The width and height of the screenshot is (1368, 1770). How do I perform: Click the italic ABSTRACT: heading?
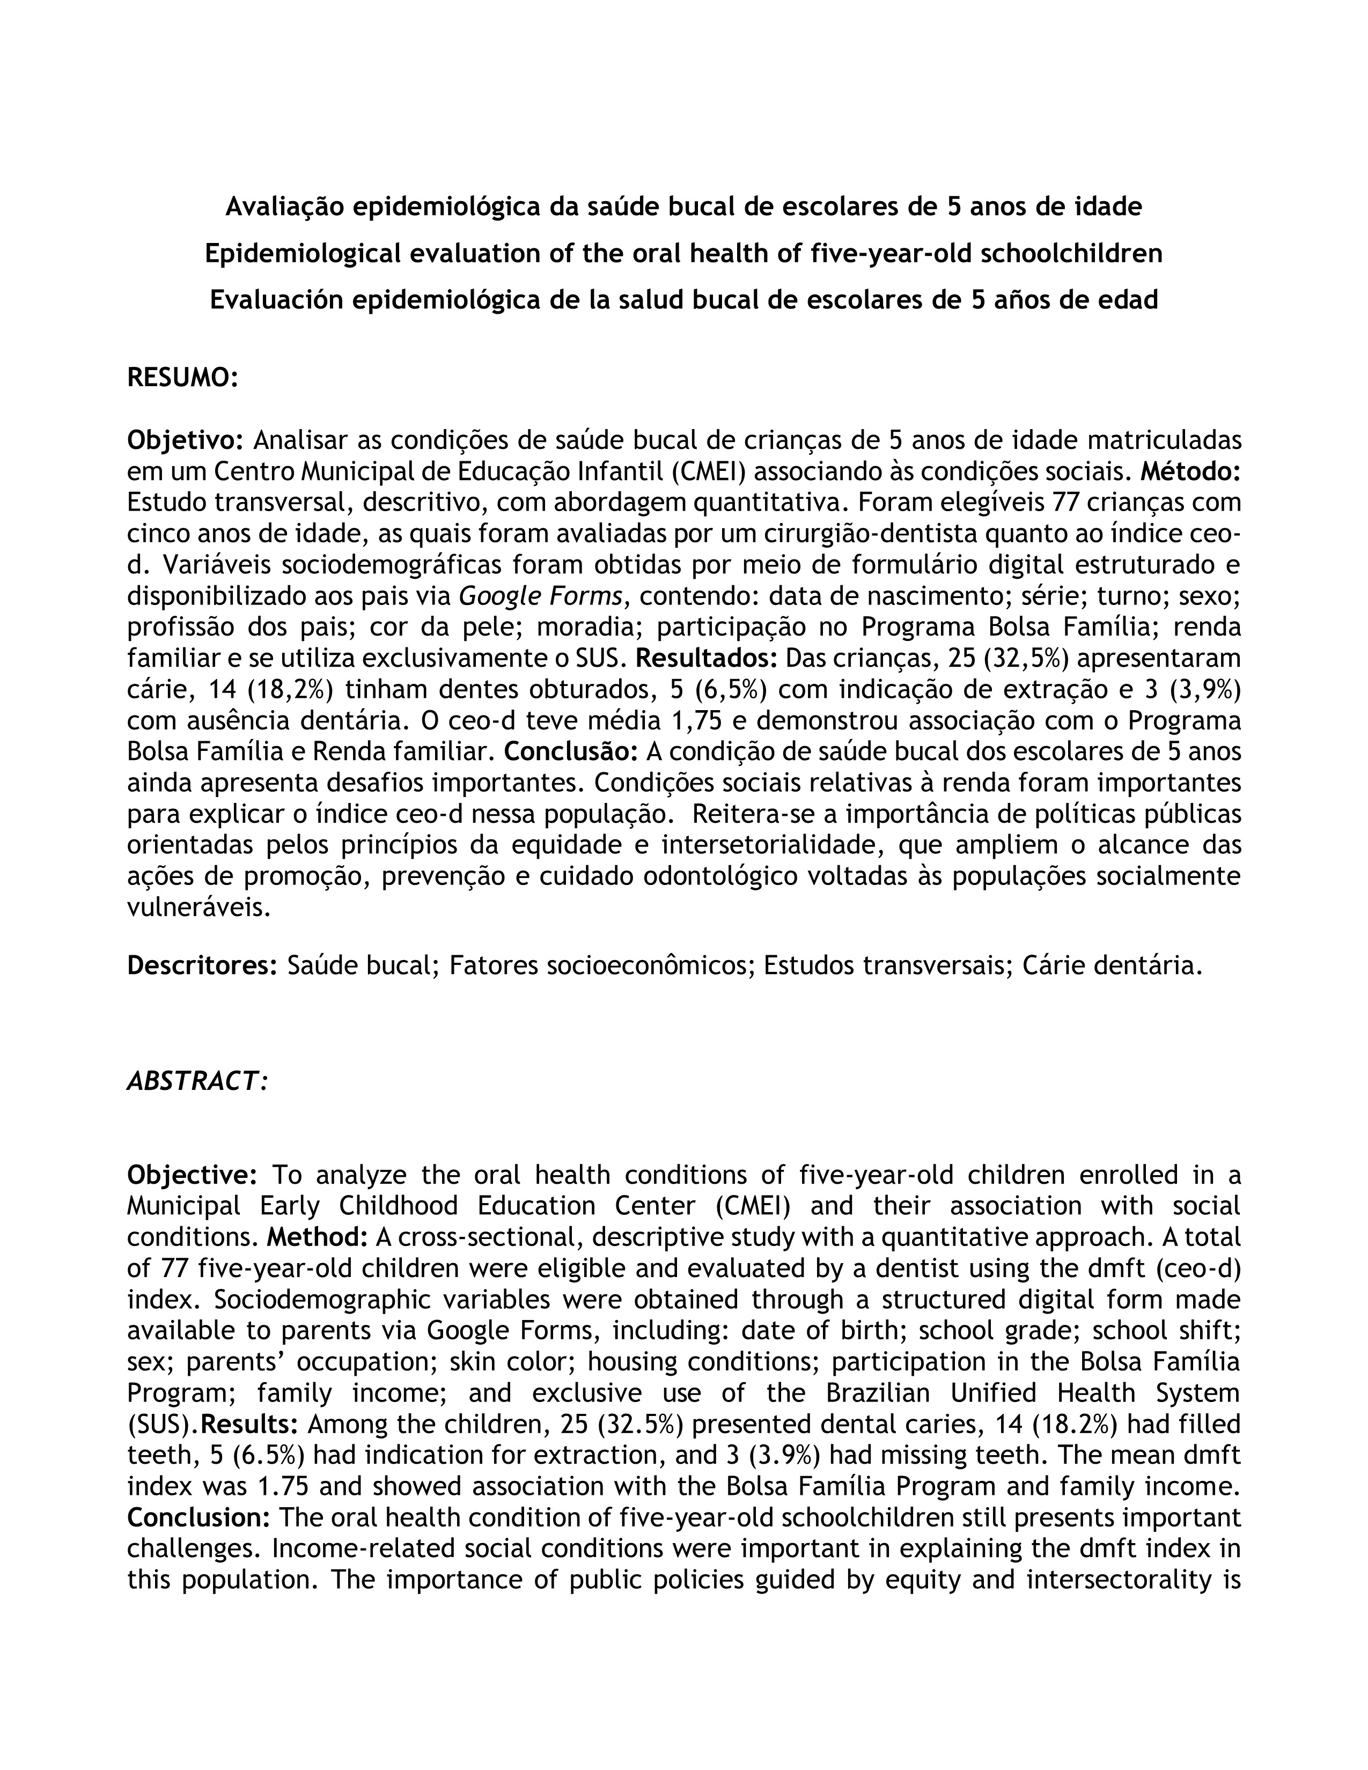[x=197, y=1081]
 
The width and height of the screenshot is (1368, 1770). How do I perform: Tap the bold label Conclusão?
[x=571, y=751]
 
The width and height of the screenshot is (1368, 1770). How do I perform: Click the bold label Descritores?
[x=203, y=965]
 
